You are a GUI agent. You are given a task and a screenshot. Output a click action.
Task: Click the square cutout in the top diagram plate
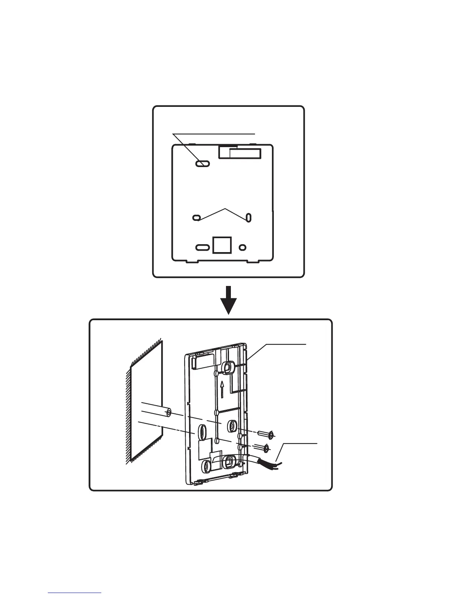coord(219,244)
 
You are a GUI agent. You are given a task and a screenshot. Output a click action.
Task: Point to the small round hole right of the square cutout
coord(243,247)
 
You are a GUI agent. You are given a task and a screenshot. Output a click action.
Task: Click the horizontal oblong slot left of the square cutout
coord(202,247)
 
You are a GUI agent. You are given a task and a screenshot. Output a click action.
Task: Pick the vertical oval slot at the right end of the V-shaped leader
coord(249,217)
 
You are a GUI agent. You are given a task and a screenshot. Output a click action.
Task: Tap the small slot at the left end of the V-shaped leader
coord(196,217)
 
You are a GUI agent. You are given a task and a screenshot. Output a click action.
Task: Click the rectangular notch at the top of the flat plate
coord(240,152)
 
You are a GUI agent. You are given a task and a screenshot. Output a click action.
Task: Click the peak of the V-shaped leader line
coord(225,208)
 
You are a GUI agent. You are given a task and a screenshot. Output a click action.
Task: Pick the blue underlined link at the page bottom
coord(75,593)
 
